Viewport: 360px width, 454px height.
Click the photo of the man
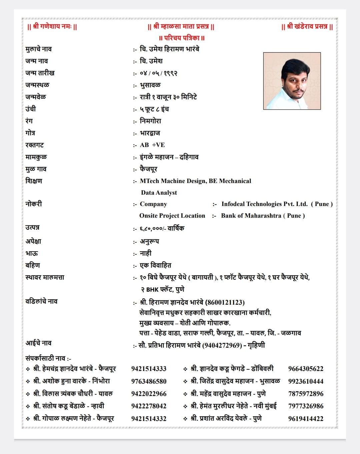click(292, 81)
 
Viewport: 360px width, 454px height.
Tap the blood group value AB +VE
click(152, 145)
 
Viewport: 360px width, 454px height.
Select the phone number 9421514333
click(149, 369)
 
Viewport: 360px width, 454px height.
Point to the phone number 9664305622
click(306, 369)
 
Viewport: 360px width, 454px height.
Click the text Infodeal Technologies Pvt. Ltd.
click(264, 204)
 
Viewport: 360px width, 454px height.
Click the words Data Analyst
click(159, 193)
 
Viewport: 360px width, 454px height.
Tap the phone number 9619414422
click(306, 419)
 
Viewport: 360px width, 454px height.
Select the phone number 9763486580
click(149, 381)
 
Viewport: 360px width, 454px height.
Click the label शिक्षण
click(34, 181)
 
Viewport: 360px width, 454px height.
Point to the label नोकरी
click(34, 204)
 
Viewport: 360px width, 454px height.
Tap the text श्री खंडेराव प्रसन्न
click(307, 27)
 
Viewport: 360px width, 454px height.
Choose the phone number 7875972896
click(306, 394)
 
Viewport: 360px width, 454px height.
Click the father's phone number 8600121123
click(225, 303)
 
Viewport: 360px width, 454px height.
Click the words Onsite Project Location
click(172, 216)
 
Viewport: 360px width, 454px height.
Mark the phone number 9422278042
click(149, 406)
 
